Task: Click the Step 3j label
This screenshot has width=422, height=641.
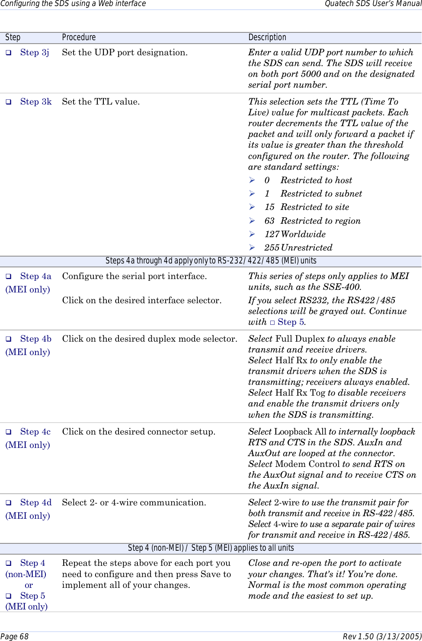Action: (x=35, y=53)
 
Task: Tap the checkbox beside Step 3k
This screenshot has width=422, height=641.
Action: (x=8, y=102)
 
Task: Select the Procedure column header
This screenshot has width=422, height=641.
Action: (x=79, y=38)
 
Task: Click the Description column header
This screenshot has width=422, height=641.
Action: (x=267, y=38)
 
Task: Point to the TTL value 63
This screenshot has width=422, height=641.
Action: (x=269, y=221)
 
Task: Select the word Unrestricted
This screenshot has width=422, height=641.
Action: (x=307, y=248)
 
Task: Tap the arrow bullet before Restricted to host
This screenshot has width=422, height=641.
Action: (x=252, y=181)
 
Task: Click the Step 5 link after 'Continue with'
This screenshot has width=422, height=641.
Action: (x=291, y=322)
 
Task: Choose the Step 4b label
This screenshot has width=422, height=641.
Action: (x=35, y=339)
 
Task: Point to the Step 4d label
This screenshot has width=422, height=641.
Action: (x=35, y=503)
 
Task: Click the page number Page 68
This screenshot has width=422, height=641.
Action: (x=14, y=637)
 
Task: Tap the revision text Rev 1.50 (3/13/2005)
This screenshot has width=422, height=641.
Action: (x=382, y=637)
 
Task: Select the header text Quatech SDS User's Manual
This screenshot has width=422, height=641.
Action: (x=373, y=4)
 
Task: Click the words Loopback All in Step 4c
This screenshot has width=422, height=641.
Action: (x=300, y=432)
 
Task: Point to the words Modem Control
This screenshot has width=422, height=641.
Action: (x=307, y=464)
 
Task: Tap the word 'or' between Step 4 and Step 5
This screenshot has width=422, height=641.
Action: (x=29, y=585)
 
